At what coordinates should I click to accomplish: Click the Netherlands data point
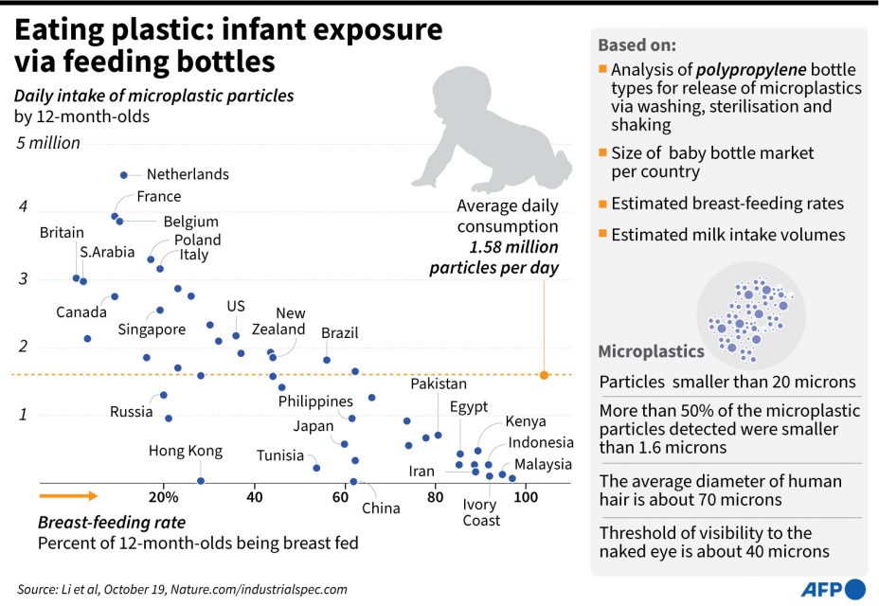click(123, 175)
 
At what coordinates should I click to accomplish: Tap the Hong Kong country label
click(186, 451)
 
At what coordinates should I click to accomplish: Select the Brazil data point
click(327, 360)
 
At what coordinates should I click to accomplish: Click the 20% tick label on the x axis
click(164, 497)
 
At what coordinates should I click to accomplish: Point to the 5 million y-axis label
click(46, 143)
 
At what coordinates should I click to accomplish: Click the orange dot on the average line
click(544, 375)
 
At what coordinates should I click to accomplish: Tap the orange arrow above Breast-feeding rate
click(68, 495)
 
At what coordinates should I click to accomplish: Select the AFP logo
click(834, 589)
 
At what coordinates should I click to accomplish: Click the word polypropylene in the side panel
click(752, 69)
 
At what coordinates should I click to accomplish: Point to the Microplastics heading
click(651, 352)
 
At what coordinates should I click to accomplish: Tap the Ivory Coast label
click(481, 512)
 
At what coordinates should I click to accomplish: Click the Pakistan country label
click(439, 384)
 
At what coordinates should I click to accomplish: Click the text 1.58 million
click(511, 247)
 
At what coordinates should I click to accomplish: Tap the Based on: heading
click(637, 45)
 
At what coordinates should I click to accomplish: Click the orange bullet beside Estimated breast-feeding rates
click(603, 204)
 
